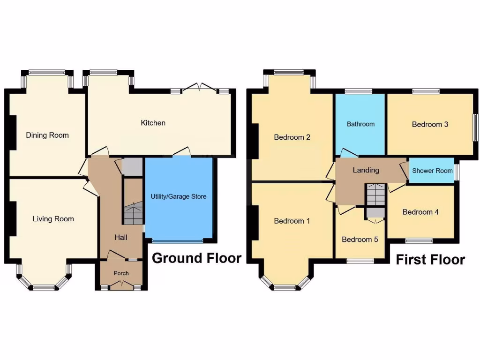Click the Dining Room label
(x=47, y=135)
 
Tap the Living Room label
(x=53, y=219)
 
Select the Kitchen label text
(x=153, y=123)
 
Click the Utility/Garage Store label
(x=179, y=196)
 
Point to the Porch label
(x=121, y=273)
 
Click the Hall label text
(x=121, y=238)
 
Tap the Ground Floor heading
(x=197, y=258)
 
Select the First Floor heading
(x=430, y=260)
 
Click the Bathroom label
(x=361, y=124)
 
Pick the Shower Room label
(x=433, y=171)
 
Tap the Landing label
(x=366, y=170)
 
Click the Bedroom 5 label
(x=360, y=240)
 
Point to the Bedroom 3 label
(x=430, y=125)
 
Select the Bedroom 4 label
(x=421, y=212)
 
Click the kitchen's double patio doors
(x=200, y=88)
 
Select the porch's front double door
(x=121, y=284)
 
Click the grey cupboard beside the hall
(x=132, y=167)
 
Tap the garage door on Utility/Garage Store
(x=178, y=241)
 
